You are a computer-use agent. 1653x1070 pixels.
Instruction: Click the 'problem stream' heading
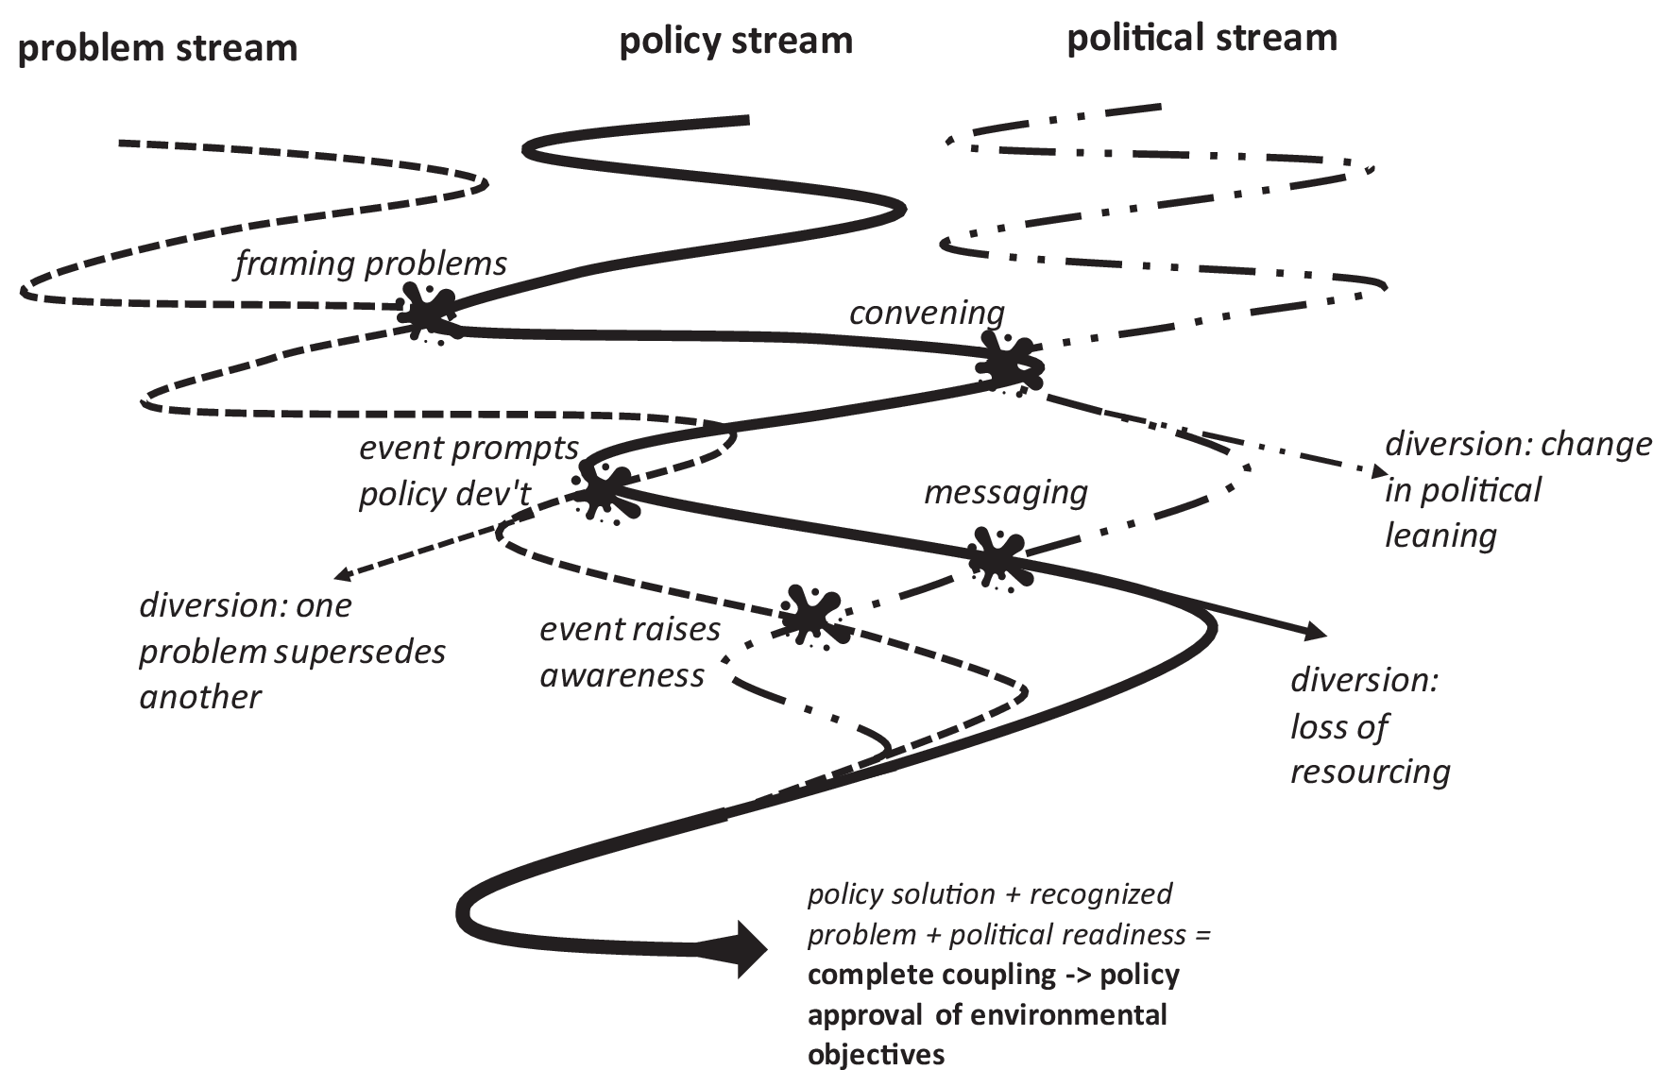[158, 47]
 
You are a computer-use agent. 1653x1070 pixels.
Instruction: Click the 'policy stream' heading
[735, 42]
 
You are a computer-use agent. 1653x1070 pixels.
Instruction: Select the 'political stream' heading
[1201, 39]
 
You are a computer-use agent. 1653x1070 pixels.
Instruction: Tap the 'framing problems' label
[370, 263]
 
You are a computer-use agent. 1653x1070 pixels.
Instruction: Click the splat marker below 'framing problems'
[430, 312]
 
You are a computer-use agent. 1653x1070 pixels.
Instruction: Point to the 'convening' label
[926, 313]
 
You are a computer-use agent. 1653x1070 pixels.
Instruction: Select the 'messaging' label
[1005, 492]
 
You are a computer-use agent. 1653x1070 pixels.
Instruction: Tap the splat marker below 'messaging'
[997, 559]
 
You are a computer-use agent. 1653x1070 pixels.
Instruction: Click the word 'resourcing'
[1370, 773]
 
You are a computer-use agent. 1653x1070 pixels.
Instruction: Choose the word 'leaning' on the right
[1440, 535]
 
